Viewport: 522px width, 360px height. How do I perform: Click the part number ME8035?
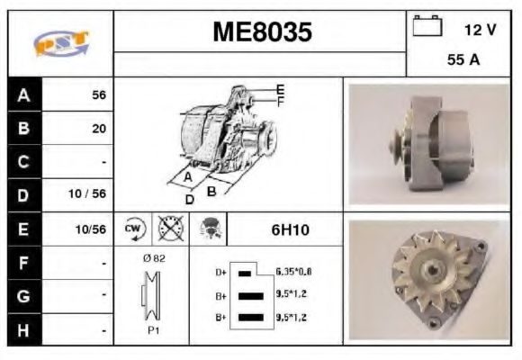pyautogui.click(x=262, y=32)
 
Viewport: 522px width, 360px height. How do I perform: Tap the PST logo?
pyautogui.click(x=60, y=43)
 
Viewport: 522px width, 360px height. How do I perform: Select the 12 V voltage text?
pyautogui.click(x=479, y=30)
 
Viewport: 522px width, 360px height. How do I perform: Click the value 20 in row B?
pyautogui.click(x=98, y=129)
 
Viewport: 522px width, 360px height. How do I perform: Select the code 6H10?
pyautogui.click(x=290, y=230)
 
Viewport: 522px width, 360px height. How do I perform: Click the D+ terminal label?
pyautogui.click(x=220, y=271)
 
